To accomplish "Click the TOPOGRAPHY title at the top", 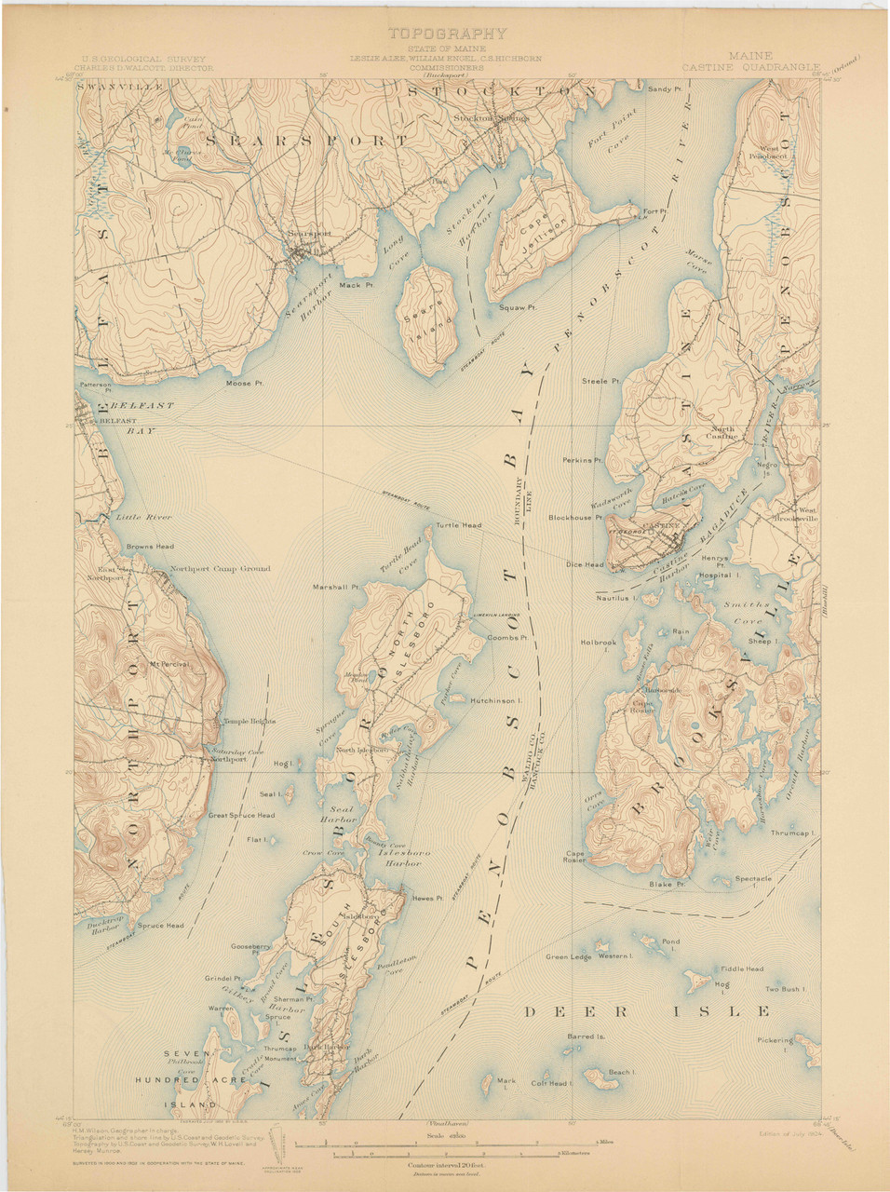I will (x=447, y=34).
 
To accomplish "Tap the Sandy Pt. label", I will (x=665, y=89).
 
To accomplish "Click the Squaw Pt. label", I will (x=518, y=306).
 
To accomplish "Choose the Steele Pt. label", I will (x=600, y=381).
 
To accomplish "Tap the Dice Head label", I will (x=585, y=564).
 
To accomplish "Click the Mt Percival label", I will (x=169, y=664).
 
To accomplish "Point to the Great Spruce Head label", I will (x=241, y=816).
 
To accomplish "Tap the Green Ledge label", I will (x=568, y=956).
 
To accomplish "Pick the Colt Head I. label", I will (x=550, y=1083).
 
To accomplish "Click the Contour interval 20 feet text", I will (x=446, y=1164).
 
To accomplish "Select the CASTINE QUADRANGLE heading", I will (x=750, y=67).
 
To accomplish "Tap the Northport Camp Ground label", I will (x=220, y=568).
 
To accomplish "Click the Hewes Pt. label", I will (x=426, y=898).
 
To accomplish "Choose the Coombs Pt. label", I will (x=507, y=638).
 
